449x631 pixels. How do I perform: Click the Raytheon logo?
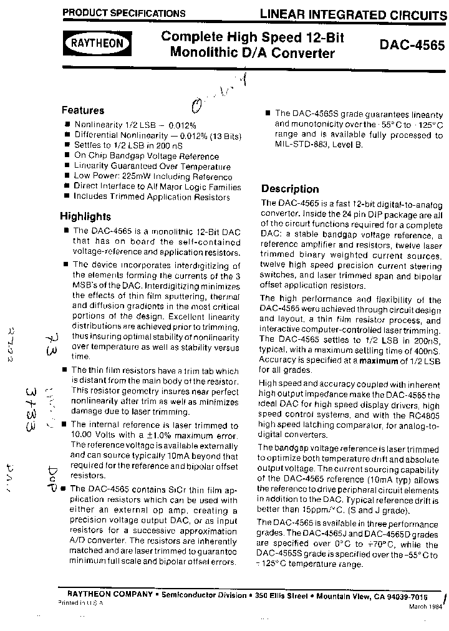(96, 44)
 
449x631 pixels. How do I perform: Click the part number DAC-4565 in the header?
(412, 46)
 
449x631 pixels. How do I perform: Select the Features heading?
(83, 110)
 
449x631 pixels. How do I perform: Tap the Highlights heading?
(85, 216)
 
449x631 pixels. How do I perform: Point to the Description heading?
(290, 189)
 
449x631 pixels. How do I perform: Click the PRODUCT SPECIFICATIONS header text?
(124, 12)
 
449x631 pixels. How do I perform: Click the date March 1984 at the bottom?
(427, 607)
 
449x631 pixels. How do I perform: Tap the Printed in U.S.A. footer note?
(81, 604)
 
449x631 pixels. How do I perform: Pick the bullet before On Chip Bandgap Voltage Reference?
(67, 157)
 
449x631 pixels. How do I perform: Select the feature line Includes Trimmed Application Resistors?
(152, 196)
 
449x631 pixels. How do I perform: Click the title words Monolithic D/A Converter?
(252, 53)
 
